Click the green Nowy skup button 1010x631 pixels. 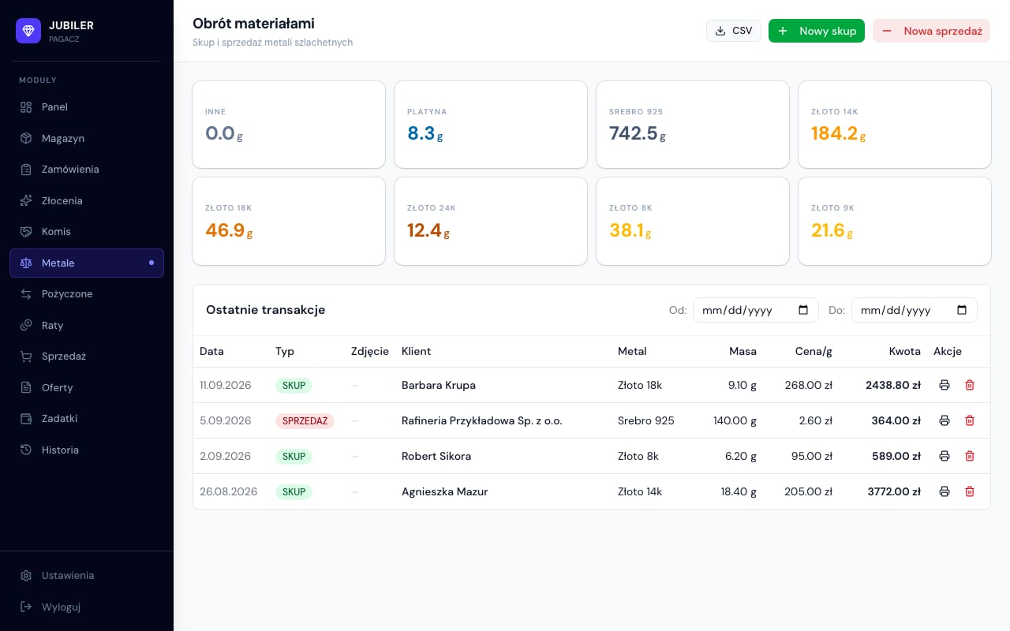tap(816, 31)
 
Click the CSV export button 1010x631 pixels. tap(733, 31)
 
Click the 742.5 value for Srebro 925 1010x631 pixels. tap(633, 133)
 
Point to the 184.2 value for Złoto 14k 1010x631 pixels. tap(834, 133)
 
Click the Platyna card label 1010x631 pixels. tap(427, 112)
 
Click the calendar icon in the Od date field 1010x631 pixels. tap(803, 310)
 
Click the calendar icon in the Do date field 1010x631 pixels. tap(962, 310)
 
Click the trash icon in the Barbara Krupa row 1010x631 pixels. tap(970, 385)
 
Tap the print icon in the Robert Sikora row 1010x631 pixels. tap(945, 456)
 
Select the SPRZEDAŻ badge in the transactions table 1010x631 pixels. tap(305, 421)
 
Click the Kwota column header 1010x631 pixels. tap(904, 351)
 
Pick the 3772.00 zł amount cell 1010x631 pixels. tap(894, 491)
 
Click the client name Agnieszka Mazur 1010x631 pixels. tap(444, 491)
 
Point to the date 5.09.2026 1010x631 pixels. tap(225, 420)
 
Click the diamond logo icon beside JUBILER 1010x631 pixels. tap(28, 31)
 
